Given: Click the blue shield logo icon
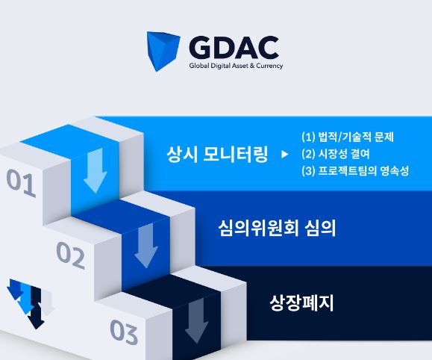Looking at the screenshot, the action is point(163,51).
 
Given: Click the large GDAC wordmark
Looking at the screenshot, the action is point(234,48).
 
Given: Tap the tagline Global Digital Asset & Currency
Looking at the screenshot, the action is point(236,66).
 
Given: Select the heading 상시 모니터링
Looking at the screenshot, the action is point(217,154).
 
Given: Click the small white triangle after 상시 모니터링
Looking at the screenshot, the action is point(285,154).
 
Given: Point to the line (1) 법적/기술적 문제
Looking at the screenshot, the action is point(348,137).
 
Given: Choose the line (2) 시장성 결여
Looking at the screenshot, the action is point(335,154).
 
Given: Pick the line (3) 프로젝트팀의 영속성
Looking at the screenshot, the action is point(355,171).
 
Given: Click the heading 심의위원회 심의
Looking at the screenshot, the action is point(277,228).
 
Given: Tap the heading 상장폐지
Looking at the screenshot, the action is point(301,302).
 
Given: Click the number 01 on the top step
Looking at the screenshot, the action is point(21,183).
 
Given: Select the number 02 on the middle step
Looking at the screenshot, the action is point(71,255).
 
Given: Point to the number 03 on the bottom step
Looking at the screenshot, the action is point(124,332).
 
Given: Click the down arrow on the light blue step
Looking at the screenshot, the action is point(96,170).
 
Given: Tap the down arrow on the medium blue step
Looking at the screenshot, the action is point(146,245).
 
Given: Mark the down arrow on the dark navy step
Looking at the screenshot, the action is point(196,320).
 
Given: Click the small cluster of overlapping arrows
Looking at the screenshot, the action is point(31,304).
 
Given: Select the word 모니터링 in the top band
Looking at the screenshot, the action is point(235,154).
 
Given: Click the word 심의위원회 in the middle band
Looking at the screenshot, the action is point(259,228).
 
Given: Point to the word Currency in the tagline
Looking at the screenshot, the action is point(269,66).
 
